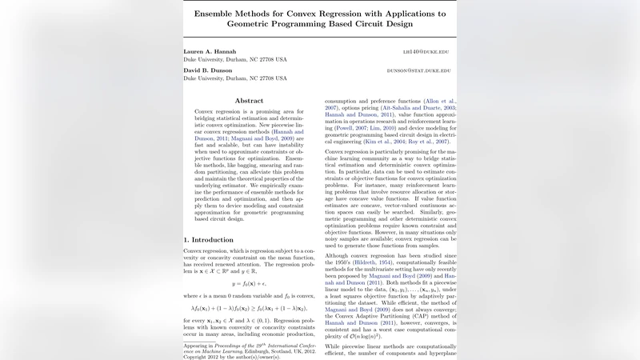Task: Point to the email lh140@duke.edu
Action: click(426, 51)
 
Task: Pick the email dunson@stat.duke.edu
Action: click(418, 70)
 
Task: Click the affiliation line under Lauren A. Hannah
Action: click(235, 60)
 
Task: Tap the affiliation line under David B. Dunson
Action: click(235, 79)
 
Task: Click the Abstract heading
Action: click(249, 101)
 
